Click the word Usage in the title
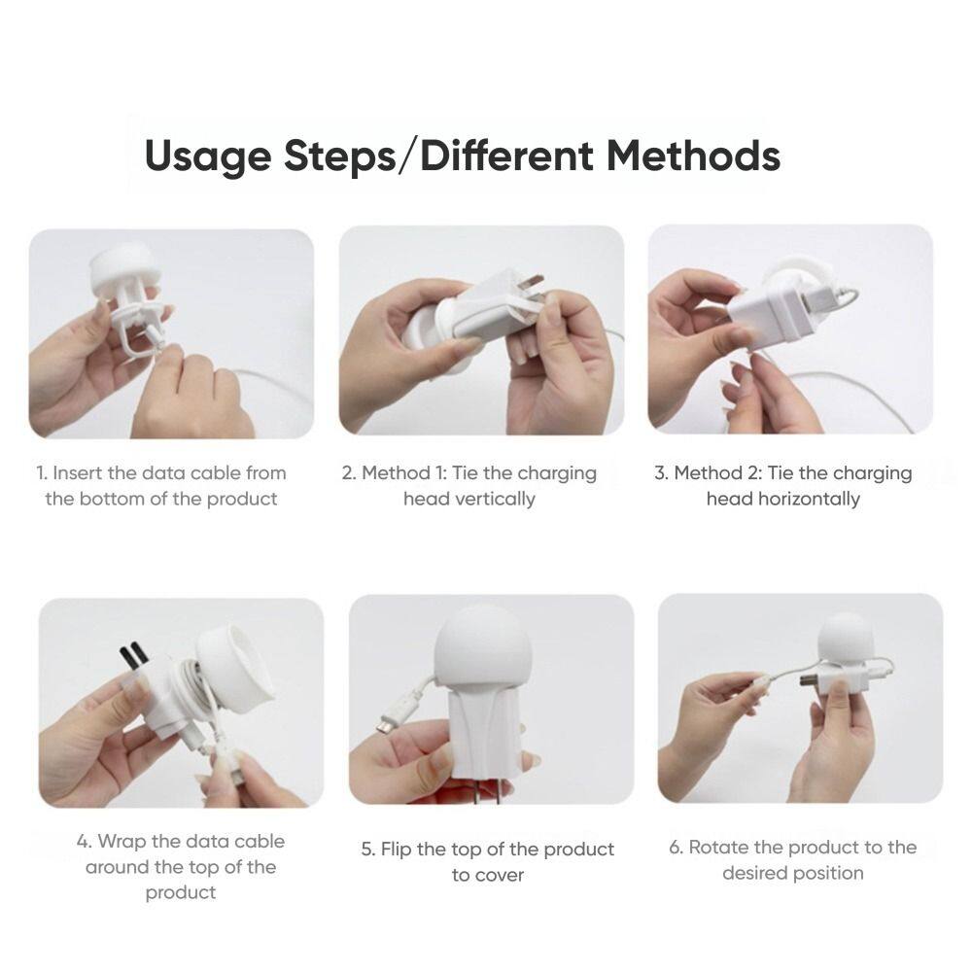tap(208, 156)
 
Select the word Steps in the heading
tap(339, 156)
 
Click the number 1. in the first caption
tap(42, 473)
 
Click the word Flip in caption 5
tap(397, 850)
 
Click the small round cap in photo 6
tap(846, 639)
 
